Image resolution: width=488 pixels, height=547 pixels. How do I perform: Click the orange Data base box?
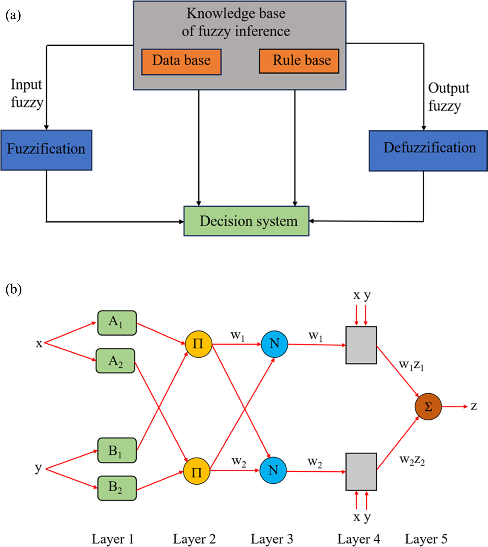click(x=181, y=62)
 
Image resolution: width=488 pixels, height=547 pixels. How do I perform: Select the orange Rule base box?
click(x=299, y=61)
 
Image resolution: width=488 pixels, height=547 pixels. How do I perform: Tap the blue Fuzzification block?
click(x=46, y=150)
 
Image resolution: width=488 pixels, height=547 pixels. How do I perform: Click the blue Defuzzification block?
click(x=428, y=151)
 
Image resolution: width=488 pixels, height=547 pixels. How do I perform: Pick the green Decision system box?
click(x=246, y=221)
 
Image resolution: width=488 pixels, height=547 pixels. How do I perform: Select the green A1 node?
click(x=117, y=323)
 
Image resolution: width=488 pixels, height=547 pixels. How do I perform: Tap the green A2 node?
click(x=115, y=361)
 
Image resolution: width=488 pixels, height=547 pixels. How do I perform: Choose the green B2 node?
click(x=117, y=488)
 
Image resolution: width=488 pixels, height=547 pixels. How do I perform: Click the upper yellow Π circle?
click(x=198, y=344)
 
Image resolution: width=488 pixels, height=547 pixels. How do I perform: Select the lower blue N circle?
click(x=273, y=470)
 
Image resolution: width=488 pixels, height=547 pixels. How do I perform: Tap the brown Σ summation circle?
click(x=428, y=407)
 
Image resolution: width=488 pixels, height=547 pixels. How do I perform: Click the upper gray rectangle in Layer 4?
click(x=361, y=345)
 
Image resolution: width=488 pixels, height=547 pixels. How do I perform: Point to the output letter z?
click(x=474, y=407)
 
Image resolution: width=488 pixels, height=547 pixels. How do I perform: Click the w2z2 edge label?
click(x=412, y=460)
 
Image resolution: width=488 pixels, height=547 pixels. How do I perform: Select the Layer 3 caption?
click(x=271, y=539)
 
